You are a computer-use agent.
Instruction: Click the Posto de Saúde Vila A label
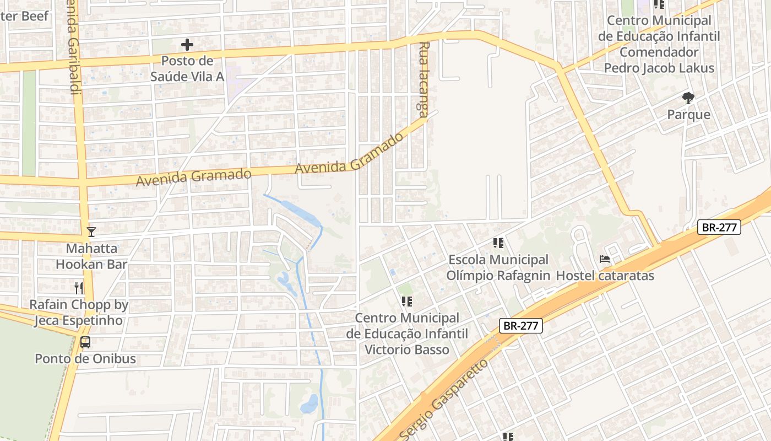point(187,68)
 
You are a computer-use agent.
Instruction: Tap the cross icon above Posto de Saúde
point(187,45)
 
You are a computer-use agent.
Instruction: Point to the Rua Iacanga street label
point(423,80)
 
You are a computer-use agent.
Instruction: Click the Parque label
point(688,115)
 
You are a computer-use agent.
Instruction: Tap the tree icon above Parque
point(688,99)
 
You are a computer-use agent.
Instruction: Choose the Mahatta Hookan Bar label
point(91,256)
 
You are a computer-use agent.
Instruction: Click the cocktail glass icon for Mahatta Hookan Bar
point(91,232)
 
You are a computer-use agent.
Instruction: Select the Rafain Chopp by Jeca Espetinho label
point(79,313)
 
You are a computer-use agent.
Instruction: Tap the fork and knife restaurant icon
point(79,288)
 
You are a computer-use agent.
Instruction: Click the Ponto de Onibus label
point(85,359)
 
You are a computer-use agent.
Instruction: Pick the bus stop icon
point(85,342)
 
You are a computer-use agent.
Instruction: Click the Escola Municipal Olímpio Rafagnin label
point(498,267)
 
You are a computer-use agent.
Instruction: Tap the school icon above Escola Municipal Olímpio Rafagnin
point(498,243)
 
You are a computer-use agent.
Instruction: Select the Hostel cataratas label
point(605,275)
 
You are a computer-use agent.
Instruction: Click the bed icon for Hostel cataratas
point(605,259)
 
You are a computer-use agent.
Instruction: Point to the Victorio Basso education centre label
point(407,334)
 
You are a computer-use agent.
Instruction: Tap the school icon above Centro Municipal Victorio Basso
point(407,302)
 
